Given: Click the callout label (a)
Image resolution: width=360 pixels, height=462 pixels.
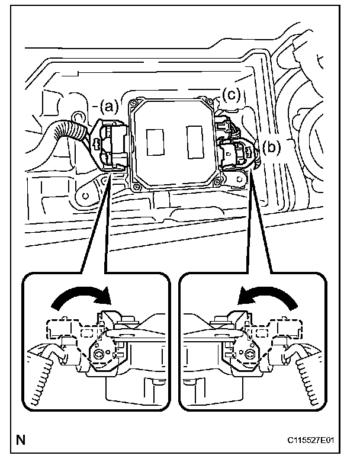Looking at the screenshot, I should point(110,106).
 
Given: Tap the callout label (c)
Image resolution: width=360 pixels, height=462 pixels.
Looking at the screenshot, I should point(232,93).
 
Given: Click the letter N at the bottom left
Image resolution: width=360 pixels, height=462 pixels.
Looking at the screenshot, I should point(21,440).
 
